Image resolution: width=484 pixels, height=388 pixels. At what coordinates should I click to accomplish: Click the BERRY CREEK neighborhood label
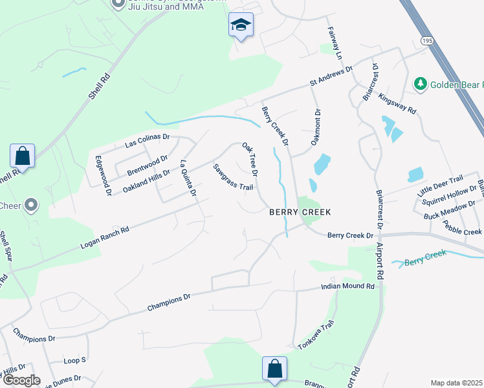click(300, 212)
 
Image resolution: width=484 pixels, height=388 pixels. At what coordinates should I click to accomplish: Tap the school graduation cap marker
click(241, 26)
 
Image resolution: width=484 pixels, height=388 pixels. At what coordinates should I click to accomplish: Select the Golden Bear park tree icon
click(421, 84)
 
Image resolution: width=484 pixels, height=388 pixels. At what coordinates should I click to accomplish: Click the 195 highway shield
click(425, 41)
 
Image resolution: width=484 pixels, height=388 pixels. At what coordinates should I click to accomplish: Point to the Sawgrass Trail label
click(233, 177)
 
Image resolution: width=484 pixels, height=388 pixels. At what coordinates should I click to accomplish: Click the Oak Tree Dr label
click(250, 160)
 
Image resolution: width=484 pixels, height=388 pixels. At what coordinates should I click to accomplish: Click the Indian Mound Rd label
click(348, 286)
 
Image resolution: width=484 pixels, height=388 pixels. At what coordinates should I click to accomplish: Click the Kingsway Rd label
click(397, 102)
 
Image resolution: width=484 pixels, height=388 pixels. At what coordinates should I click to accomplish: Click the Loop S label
click(74, 360)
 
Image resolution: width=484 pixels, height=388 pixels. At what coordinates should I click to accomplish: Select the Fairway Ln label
click(334, 39)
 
